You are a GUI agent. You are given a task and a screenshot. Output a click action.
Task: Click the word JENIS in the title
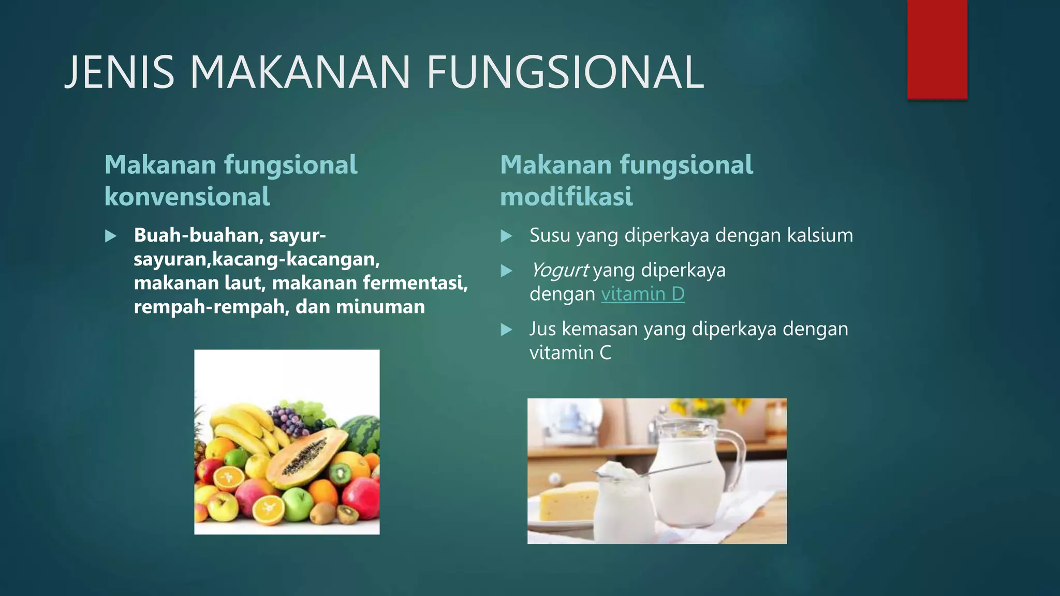(x=120, y=72)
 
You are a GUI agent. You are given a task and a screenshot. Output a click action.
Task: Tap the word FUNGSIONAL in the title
(x=565, y=72)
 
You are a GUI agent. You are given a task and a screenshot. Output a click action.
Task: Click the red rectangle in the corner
(x=937, y=49)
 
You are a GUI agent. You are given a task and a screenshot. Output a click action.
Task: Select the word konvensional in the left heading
(x=187, y=197)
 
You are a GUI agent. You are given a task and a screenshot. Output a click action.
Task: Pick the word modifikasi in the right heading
(x=566, y=197)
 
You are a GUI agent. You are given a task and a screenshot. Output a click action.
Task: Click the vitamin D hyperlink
(x=642, y=294)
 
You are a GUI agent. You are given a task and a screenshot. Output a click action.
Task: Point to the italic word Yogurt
(x=559, y=270)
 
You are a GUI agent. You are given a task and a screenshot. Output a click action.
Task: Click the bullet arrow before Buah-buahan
(x=110, y=236)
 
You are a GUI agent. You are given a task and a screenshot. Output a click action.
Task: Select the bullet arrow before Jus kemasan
(x=506, y=330)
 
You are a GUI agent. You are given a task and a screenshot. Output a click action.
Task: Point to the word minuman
(x=380, y=307)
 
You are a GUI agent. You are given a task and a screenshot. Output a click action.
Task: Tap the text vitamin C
(x=570, y=353)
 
